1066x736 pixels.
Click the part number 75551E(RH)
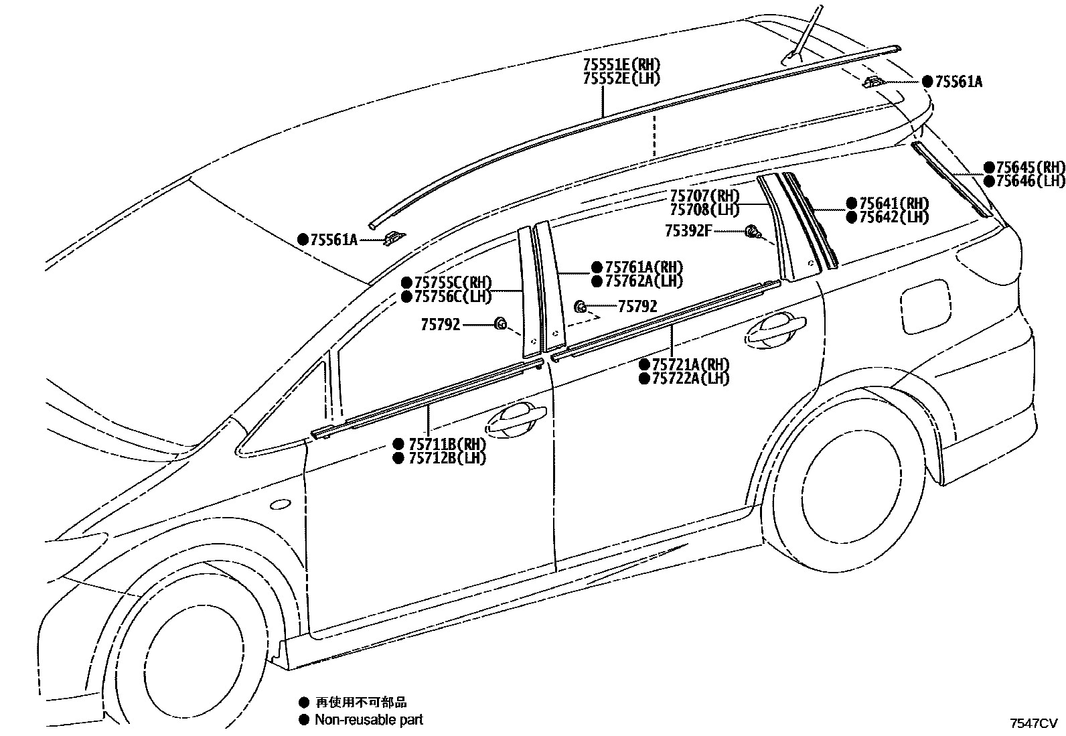[x=621, y=65]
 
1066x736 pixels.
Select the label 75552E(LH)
[x=621, y=78]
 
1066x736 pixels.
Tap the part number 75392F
[x=688, y=231]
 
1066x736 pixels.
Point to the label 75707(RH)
[x=704, y=196]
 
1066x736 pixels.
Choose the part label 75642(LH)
[x=894, y=217]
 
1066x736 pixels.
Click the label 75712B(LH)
[x=447, y=458]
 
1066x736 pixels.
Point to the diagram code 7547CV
[x=1033, y=723]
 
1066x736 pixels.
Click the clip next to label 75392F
[x=753, y=232]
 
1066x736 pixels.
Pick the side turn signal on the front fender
[x=280, y=504]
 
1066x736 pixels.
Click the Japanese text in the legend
[x=362, y=703]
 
